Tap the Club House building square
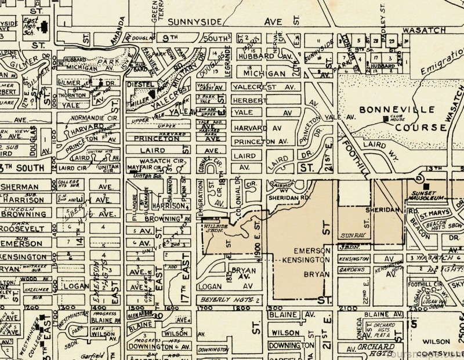click(386, 119)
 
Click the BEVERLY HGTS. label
click(220, 300)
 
